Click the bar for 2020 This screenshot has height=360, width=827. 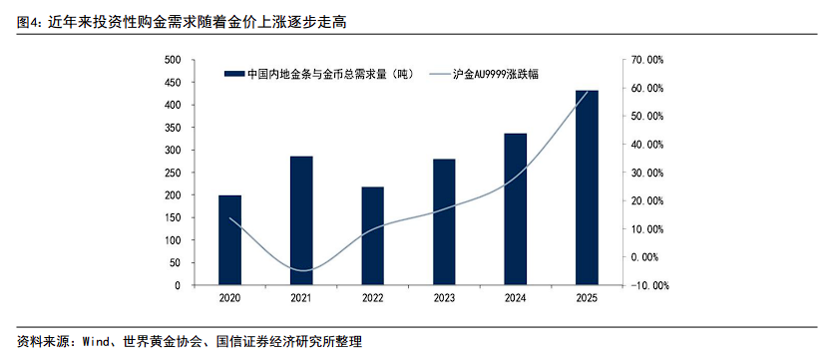pyautogui.click(x=229, y=240)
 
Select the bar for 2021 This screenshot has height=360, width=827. pyautogui.click(x=301, y=220)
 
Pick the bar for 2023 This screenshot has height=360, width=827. pyautogui.click(x=444, y=222)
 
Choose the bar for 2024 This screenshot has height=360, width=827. pyautogui.click(x=516, y=209)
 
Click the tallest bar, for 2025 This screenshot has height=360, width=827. pyautogui.click(x=588, y=187)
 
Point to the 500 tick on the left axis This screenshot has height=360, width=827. pyautogui.click(x=172, y=60)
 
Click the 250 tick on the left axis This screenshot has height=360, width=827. pyautogui.click(x=172, y=173)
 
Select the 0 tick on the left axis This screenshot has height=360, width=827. pyautogui.click(x=177, y=285)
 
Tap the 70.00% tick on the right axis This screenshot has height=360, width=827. pyautogui.click(x=646, y=60)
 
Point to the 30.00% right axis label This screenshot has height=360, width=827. pyautogui.click(x=646, y=173)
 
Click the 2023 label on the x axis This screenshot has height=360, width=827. pyautogui.click(x=444, y=299)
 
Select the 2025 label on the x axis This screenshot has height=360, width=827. pyautogui.click(x=588, y=299)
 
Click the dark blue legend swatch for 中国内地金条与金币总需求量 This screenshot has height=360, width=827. pyautogui.click(x=234, y=74)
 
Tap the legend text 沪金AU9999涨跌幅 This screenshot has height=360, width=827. pyautogui.click(x=496, y=74)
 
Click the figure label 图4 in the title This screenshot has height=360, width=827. pyautogui.click(x=30, y=20)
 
